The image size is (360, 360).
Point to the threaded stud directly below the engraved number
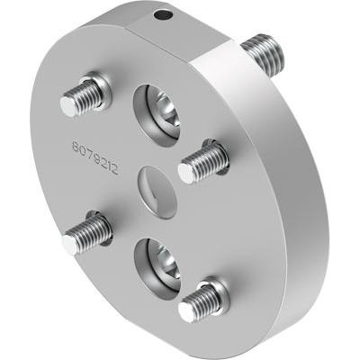87,232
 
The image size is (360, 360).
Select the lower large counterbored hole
157,261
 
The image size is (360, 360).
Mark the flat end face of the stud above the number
69,105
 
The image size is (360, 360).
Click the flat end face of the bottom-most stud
187,311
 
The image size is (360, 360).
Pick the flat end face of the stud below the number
72,241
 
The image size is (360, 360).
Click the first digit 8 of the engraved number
76,144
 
